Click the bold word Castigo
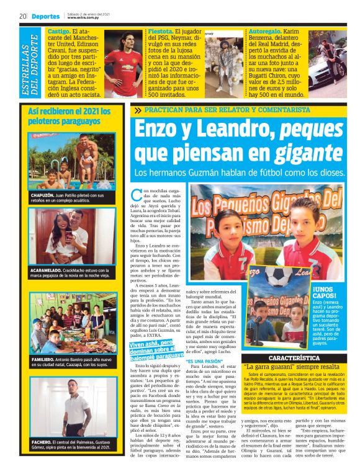click(x=58, y=30)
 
